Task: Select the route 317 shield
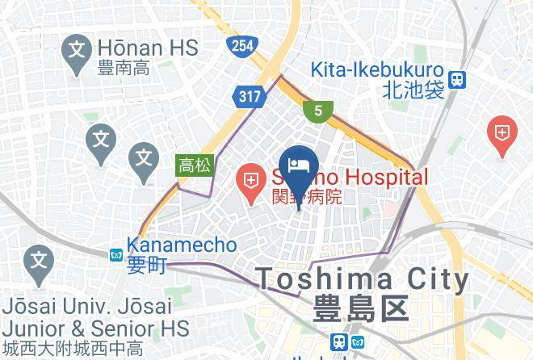point(250,97)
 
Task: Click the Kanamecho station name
point(182,244)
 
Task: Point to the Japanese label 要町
point(146,266)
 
